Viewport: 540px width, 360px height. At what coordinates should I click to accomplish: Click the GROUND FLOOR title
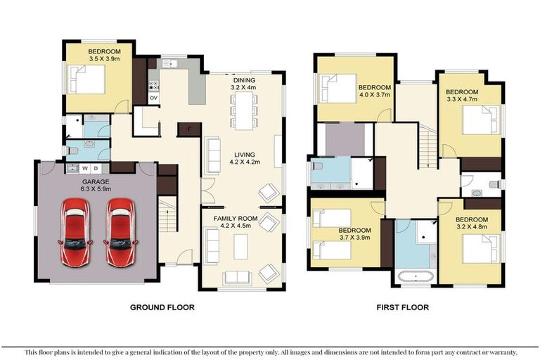coord(162,307)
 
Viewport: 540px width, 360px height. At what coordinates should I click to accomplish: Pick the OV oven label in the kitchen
coord(153,98)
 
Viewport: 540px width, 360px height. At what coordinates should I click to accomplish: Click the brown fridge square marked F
coord(189,129)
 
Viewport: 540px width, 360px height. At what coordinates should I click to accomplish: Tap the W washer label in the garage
coord(85,169)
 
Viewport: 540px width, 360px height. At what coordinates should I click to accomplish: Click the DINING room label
coord(245,80)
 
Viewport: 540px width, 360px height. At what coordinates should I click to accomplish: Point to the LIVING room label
coord(245,154)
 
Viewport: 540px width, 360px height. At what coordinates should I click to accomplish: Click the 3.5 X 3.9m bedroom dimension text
coord(104,60)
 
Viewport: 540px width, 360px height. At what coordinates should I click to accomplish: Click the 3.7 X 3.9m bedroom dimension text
coord(354,238)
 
